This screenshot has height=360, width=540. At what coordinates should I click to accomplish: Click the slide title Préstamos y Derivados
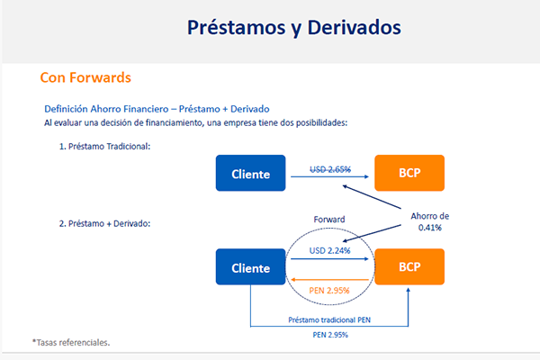293,28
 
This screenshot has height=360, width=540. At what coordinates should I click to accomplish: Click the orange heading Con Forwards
85,77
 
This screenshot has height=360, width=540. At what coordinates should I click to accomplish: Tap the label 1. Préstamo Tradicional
104,147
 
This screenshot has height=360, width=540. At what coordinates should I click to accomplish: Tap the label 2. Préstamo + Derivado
104,223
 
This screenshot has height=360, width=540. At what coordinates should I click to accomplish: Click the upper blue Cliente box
251,173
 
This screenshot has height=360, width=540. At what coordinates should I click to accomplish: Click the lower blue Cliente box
251,267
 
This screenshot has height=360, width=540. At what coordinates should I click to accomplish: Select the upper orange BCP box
409,173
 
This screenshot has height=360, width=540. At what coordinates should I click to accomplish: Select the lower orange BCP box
409,267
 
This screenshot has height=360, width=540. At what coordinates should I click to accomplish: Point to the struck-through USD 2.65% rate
330,169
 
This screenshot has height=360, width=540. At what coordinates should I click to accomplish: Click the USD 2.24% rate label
329,251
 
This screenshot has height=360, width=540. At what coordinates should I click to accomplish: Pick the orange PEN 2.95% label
329,291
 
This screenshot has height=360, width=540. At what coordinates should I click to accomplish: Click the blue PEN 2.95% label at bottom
330,335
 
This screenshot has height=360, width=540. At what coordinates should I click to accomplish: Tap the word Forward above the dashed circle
329,220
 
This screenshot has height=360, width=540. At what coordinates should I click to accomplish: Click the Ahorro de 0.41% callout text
430,222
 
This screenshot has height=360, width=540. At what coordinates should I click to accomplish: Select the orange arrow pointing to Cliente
330,279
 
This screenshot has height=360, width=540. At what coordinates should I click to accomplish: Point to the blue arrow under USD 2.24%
330,258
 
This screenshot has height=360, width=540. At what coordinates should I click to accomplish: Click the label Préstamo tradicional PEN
329,320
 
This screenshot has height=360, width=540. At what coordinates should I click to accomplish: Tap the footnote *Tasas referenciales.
71,342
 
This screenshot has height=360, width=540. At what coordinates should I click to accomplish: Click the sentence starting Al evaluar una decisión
195,123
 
